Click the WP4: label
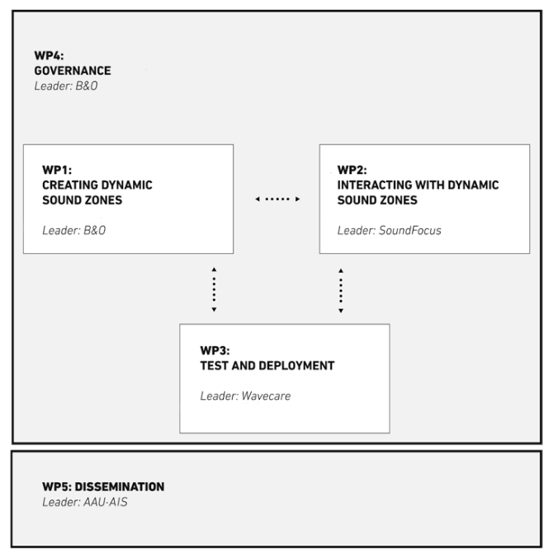tap(49, 56)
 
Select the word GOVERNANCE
tap(73, 71)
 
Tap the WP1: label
tap(57, 170)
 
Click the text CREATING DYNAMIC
tap(97, 185)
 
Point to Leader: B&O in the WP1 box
tap(74, 231)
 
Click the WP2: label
tap(352, 170)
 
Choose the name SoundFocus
tap(410, 231)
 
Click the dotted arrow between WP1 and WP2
tap(277, 199)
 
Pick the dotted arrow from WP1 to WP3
tap(214, 289)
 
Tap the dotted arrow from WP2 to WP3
tap(341, 291)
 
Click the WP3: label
tap(215, 350)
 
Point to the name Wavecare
tap(266, 396)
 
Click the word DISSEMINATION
tap(120, 487)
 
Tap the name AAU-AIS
tap(106, 502)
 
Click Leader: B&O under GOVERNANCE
tap(66, 86)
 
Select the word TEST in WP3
tap(214, 365)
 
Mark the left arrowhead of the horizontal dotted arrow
tap(258, 199)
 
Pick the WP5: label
tap(57, 487)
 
